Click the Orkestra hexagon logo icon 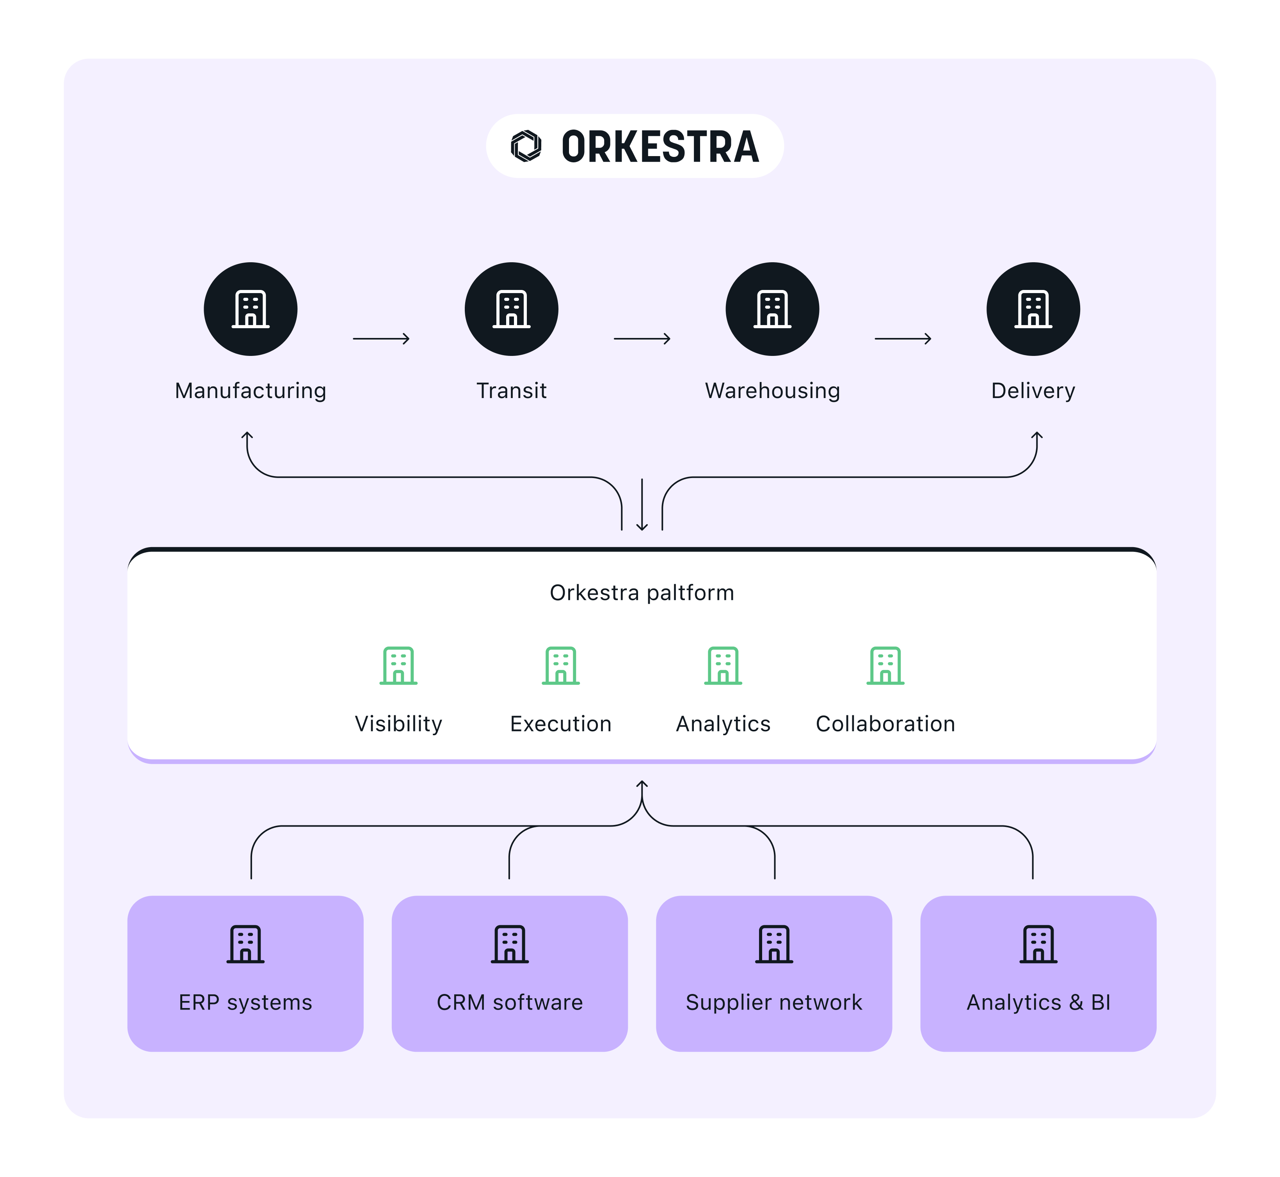pos(526,146)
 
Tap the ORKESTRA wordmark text pos(660,146)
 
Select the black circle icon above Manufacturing pos(250,309)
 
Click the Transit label pos(511,390)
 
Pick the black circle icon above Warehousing pos(772,309)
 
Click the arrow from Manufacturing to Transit pos(381,339)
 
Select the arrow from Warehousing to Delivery pos(902,339)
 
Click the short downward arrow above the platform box pos(642,505)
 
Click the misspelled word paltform pos(690,593)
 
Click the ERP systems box pos(245,973)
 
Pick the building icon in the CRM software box pos(509,944)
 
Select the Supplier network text pos(774,1003)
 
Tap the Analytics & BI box pos(1038,973)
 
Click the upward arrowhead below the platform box pos(642,785)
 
